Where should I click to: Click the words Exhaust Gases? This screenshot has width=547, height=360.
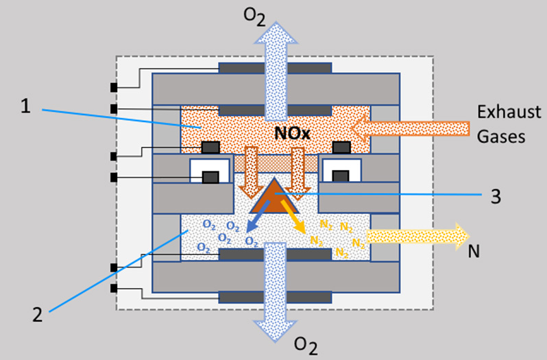[x=505, y=124]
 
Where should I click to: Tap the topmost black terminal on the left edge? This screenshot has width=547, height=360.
[x=113, y=88]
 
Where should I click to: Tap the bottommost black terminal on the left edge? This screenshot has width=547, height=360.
[x=113, y=289]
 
